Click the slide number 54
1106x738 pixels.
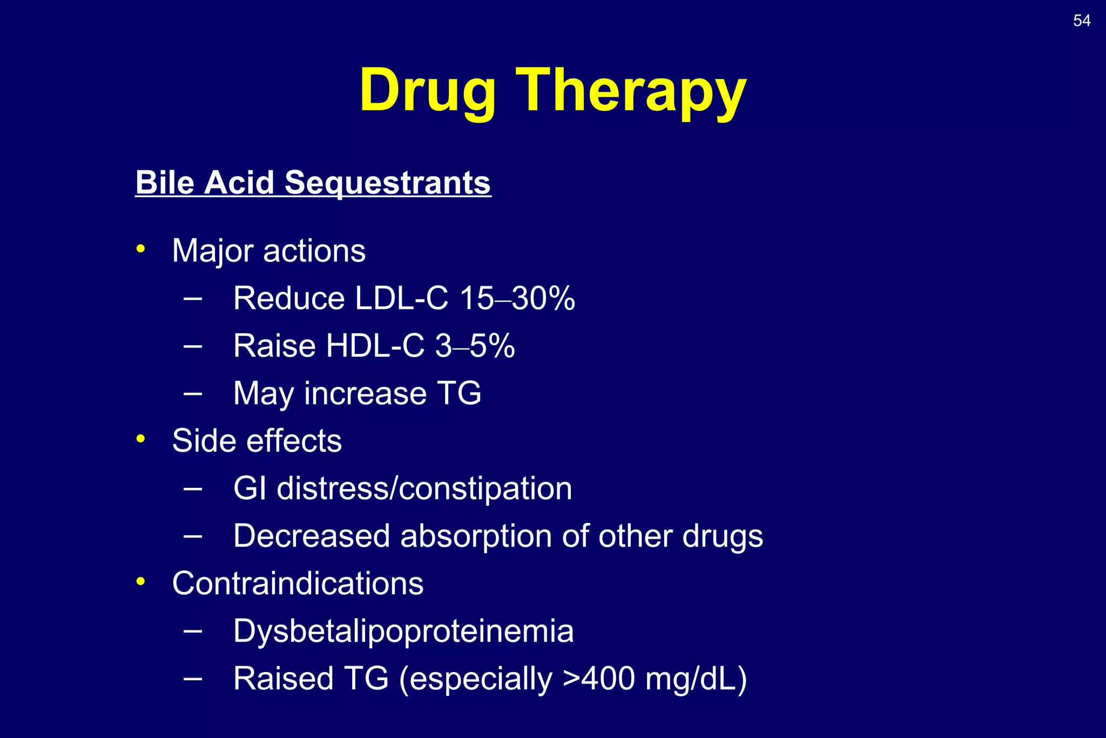pyautogui.click(x=1082, y=21)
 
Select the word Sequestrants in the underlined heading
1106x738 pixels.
pyautogui.click(x=387, y=183)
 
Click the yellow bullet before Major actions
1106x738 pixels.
pyautogui.click(x=141, y=249)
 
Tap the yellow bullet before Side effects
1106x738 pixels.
pyautogui.click(x=141, y=439)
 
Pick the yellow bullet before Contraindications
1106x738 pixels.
pyautogui.click(x=141, y=582)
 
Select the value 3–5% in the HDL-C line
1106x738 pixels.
pyautogui.click(x=475, y=346)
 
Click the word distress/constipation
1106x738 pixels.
pyautogui.click(x=424, y=489)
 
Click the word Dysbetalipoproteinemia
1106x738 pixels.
pyautogui.click(x=403, y=631)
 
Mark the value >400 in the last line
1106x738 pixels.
pyautogui.click(x=598, y=679)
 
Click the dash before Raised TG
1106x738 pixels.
pyautogui.click(x=193, y=677)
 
